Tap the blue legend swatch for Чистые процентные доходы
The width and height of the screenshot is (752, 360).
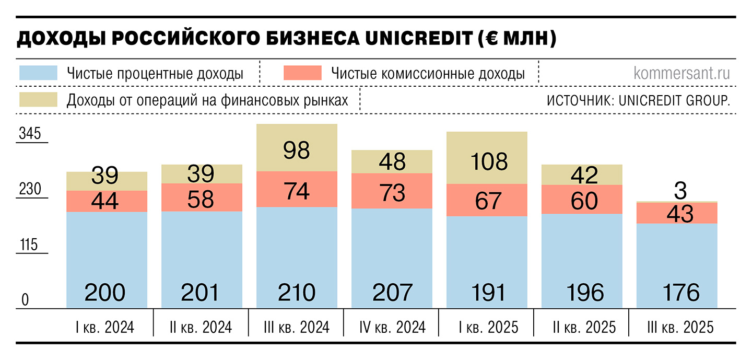click(38, 73)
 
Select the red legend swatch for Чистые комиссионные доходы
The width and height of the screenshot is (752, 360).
click(302, 73)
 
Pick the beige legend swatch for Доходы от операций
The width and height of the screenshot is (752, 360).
click(38, 99)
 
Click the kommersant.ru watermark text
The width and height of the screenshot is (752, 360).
click(681, 73)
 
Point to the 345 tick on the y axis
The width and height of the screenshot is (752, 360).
click(30, 134)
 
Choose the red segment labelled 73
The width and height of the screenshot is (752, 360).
click(392, 192)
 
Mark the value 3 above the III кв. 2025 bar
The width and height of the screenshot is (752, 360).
click(680, 191)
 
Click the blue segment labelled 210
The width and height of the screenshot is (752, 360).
click(297, 256)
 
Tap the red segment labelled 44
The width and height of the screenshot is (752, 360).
click(107, 201)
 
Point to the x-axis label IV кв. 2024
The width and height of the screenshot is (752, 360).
click(392, 328)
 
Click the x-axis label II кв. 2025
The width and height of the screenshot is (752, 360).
click(584, 328)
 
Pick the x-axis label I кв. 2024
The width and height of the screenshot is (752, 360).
click(105, 328)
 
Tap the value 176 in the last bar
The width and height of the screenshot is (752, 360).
click(677, 293)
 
